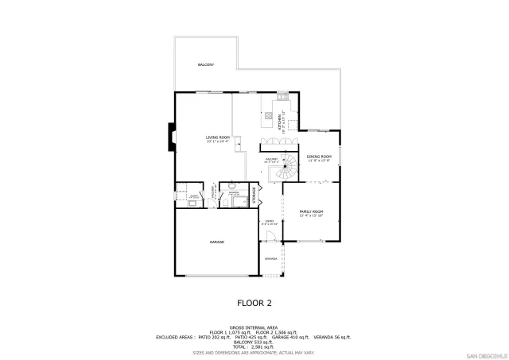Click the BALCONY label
pos(206,64)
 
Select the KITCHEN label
pos(280,122)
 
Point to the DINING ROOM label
pos(318,158)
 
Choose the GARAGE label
pos(216,242)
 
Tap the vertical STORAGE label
pos(254,195)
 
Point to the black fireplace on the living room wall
pos(170,136)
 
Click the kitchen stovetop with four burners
pos(269,116)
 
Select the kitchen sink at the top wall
pos(282,97)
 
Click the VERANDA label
pos(271,259)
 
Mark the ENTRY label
pos(270,222)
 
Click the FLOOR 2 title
pos(254,303)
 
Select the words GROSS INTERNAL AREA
pos(254,327)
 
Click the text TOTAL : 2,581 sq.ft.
pos(254,346)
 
